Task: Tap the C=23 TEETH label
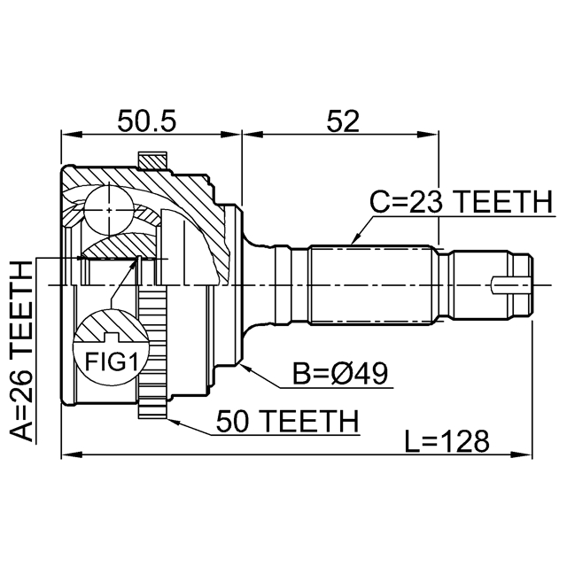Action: click(x=460, y=203)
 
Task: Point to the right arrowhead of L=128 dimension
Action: click(x=528, y=456)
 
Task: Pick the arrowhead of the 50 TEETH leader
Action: click(x=169, y=416)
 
